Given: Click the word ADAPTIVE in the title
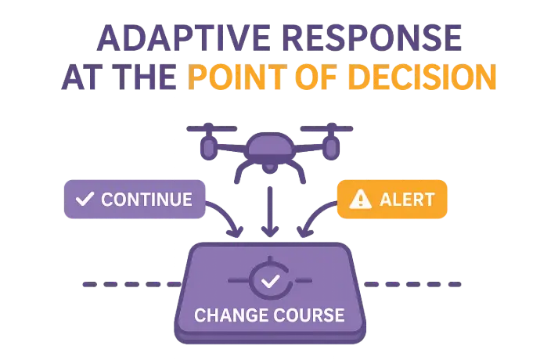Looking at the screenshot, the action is (x=184, y=38).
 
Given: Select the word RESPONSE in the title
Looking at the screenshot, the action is (x=372, y=38).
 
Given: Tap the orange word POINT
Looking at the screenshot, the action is (x=238, y=77).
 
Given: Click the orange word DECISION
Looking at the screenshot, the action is (x=423, y=77).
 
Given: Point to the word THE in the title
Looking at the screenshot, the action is (x=144, y=77).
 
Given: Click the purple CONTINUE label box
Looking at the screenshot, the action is (x=135, y=199).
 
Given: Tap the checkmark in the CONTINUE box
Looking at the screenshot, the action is (x=85, y=199).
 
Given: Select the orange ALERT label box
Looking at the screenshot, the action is (x=392, y=199).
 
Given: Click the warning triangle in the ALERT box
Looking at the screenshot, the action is (x=360, y=199).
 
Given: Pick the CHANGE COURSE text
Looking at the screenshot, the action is (x=269, y=315).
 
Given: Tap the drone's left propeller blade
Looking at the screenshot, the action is (x=212, y=128).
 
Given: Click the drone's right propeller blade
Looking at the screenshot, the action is (x=327, y=128).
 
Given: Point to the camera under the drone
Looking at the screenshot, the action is (x=270, y=167).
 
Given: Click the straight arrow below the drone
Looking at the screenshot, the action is (x=270, y=212).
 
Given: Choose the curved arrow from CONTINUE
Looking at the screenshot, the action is (x=229, y=214).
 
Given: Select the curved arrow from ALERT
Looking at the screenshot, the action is (x=313, y=214).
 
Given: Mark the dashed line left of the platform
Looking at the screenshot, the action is (x=132, y=284).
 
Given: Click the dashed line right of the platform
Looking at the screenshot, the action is (x=412, y=284).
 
